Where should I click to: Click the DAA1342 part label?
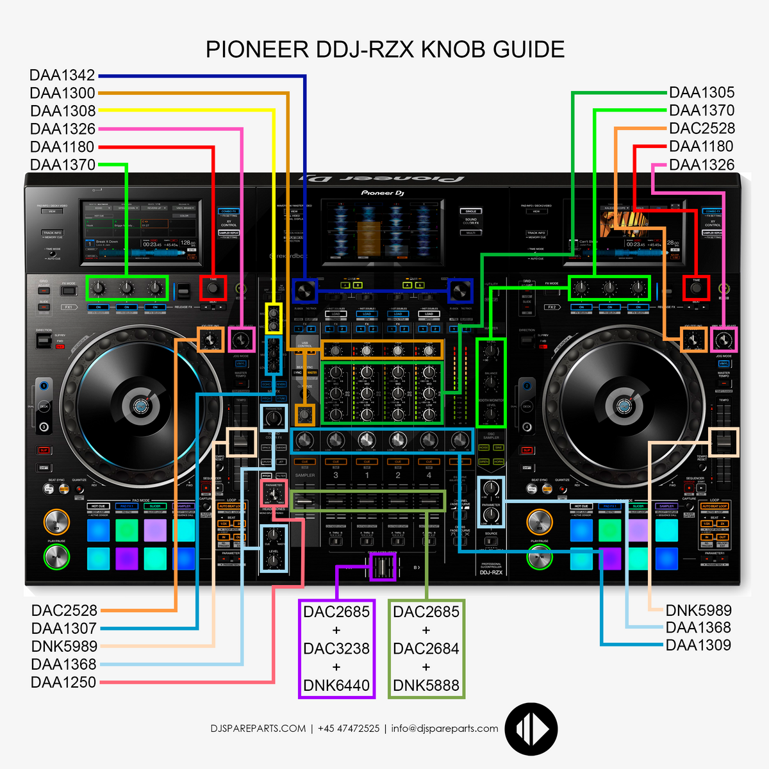coord(62,75)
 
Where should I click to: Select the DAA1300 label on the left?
coord(62,93)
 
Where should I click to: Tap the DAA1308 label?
coord(63,111)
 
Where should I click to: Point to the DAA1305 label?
coord(702,92)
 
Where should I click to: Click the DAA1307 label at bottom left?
coord(64,629)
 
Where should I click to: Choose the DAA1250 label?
coord(63,682)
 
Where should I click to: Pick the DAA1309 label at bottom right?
coord(699,645)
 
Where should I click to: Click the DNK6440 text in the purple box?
coord(336,686)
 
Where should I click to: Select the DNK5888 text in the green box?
coord(426,686)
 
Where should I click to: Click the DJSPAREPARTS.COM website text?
coord(258,729)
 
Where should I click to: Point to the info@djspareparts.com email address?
coord(445,729)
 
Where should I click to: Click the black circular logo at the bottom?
coord(531,729)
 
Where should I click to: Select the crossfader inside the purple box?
coord(383,567)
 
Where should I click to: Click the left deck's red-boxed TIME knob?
coord(213,288)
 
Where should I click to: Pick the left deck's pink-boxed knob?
coord(242,339)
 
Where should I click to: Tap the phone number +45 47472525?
coord(349,729)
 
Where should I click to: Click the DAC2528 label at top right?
coord(702,128)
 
